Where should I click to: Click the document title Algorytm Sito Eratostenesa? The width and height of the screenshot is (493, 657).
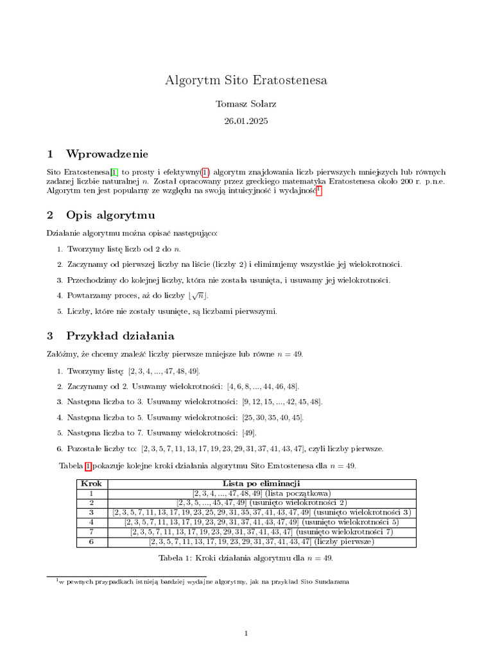pos(246,80)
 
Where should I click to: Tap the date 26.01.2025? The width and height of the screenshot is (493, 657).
pos(246,121)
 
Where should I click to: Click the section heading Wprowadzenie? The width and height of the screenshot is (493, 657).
pos(107,154)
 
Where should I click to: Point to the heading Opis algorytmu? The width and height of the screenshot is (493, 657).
pos(110,214)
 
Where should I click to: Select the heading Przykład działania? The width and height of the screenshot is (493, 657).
pos(120,336)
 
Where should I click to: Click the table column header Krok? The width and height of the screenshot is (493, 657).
pos(91,483)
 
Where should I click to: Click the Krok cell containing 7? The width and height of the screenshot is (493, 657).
pos(91,532)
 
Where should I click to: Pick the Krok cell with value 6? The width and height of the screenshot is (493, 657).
pos(91,542)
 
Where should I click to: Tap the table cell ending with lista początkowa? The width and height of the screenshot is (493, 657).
pos(262,493)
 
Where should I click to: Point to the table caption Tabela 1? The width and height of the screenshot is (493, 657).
pos(246,558)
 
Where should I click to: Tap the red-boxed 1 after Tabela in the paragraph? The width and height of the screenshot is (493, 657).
pos(88,465)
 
